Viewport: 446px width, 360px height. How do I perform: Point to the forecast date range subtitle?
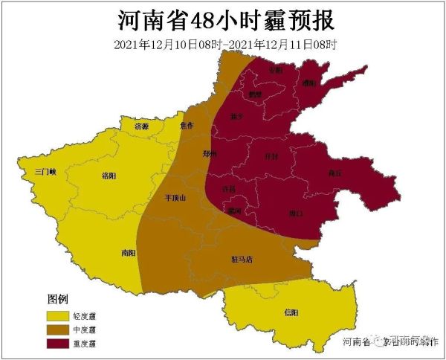pyautogui.click(x=225, y=45)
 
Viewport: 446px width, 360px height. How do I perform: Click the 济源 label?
pyautogui.click(x=141, y=127)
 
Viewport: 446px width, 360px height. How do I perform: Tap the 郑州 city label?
pyautogui.click(x=210, y=154)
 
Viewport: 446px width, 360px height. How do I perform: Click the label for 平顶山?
pyautogui.click(x=179, y=199)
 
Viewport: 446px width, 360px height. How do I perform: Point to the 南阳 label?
pyautogui.click(x=128, y=253)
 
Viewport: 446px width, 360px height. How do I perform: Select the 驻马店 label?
pyautogui.click(x=242, y=260)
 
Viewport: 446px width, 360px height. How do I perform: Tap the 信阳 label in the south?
pyautogui.click(x=291, y=312)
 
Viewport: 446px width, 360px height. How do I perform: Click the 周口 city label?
pyautogui.click(x=295, y=214)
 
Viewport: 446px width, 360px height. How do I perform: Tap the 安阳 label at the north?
pyautogui.click(x=275, y=70)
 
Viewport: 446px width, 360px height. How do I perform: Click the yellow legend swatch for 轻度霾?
pyautogui.click(x=56, y=316)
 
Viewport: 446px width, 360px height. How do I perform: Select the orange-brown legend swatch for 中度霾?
pyautogui.click(x=56, y=330)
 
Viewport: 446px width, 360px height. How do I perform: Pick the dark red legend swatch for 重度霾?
pyautogui.click(x=56, y=343)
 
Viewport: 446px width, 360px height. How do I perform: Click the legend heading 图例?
pyautogui.click(x=56, y=299)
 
